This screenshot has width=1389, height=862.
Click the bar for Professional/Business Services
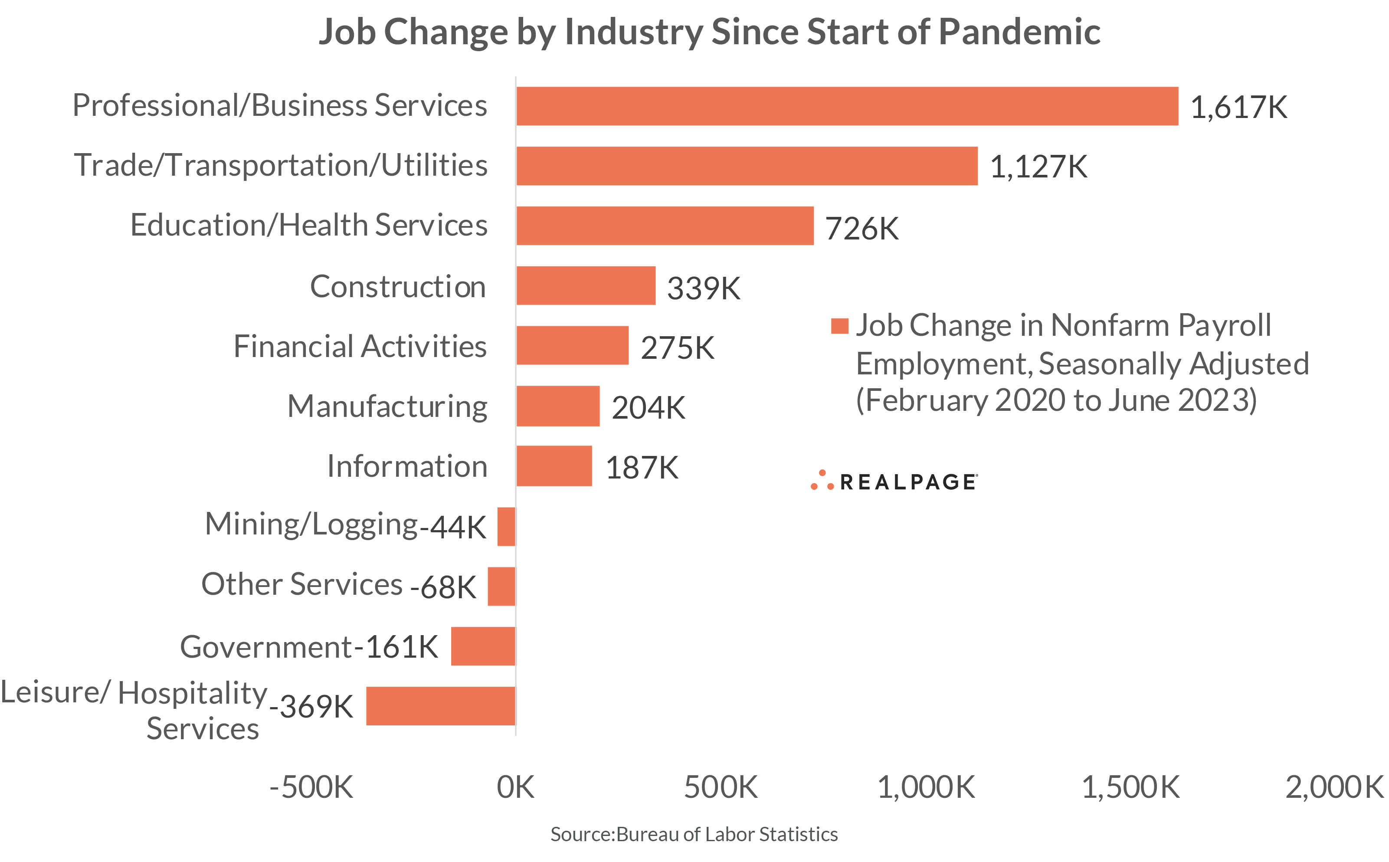[846, 106]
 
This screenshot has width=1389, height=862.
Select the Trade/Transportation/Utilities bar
[747, 166]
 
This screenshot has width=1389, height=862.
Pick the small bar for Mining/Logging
[506, 526]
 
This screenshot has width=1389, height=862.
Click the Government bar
[483, 646]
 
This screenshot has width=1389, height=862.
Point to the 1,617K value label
[1238, 107]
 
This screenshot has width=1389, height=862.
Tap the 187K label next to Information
[642, 468]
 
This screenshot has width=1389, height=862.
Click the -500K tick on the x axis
[311, 787]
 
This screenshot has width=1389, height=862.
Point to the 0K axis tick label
[515, 787]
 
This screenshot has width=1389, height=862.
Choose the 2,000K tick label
[1334, 787]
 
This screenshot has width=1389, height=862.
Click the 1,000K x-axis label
[926, 787]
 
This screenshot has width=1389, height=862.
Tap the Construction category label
[397, 286]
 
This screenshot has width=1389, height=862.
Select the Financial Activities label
[360, 346]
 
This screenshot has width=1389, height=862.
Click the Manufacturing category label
[387, 406]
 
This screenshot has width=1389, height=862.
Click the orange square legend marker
[839, 326]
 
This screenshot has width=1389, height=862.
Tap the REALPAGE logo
[895, 481]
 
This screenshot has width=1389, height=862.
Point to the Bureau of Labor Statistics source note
[694, 834]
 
